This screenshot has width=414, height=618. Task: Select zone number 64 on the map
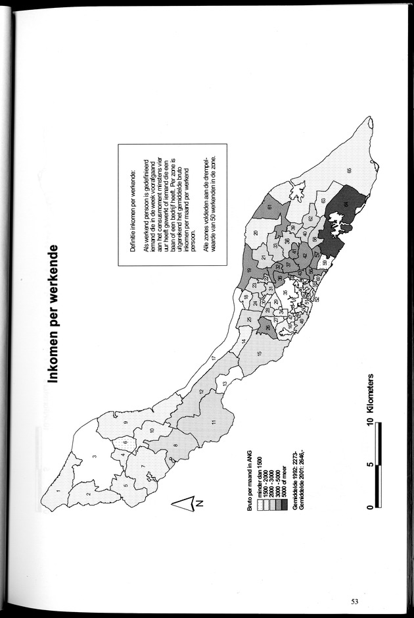345,205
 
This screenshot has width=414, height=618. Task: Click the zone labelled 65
350,170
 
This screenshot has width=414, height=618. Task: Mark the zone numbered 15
259,354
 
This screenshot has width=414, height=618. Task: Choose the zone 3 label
95,456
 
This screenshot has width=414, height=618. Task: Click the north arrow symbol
186,505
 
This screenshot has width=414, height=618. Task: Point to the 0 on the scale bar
371,506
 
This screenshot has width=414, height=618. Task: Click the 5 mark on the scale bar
371,464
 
